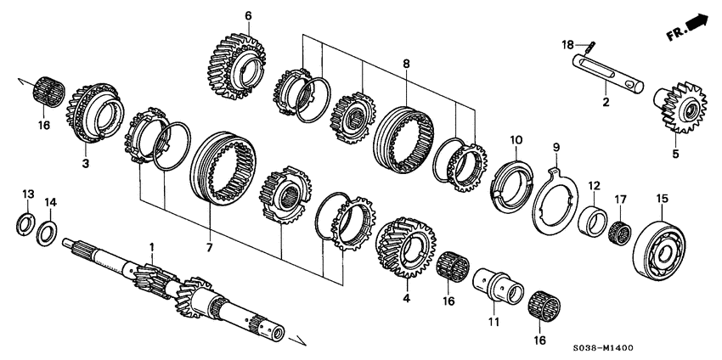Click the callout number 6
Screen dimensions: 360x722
pyautogui.click(x=248, y=15)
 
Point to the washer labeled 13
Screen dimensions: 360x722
pyautogui.click(x=27, y=225)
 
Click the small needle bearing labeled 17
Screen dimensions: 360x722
pyautogui.click(x=622, y=229)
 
